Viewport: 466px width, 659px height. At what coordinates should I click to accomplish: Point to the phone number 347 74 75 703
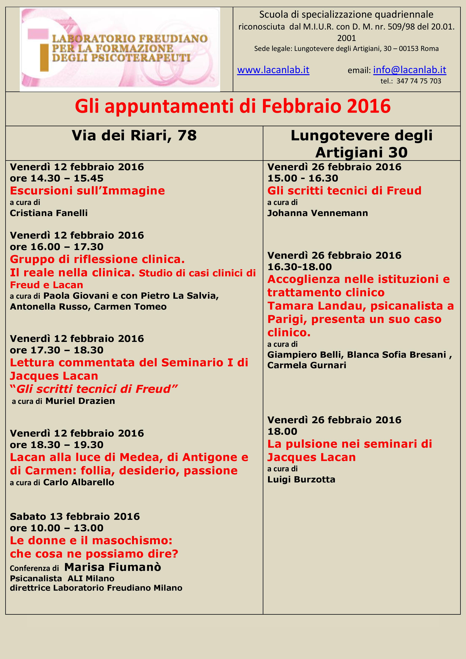point(418,81)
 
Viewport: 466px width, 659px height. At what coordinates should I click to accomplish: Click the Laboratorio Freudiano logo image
point(120,50)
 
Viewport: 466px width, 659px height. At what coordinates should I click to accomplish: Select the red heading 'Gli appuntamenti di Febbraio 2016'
point(233,106)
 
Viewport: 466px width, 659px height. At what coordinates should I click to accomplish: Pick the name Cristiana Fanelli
point(49,213)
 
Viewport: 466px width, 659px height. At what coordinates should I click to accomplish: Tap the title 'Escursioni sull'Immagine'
point(87,191)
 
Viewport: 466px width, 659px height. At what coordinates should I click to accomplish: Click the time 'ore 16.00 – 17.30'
point(57,246)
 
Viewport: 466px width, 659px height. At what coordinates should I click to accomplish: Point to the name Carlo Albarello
point(79,482)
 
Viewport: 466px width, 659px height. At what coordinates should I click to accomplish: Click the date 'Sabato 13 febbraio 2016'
point(75,517)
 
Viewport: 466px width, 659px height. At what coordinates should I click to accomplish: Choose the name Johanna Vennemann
point(317,213)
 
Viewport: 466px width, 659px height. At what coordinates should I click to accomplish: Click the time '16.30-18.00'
point(299,267)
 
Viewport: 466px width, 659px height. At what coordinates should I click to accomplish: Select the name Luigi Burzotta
point(301,480)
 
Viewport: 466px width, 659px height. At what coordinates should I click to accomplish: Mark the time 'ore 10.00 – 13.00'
point(57,528)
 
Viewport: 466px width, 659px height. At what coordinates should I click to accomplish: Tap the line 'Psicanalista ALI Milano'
point(62,578)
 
